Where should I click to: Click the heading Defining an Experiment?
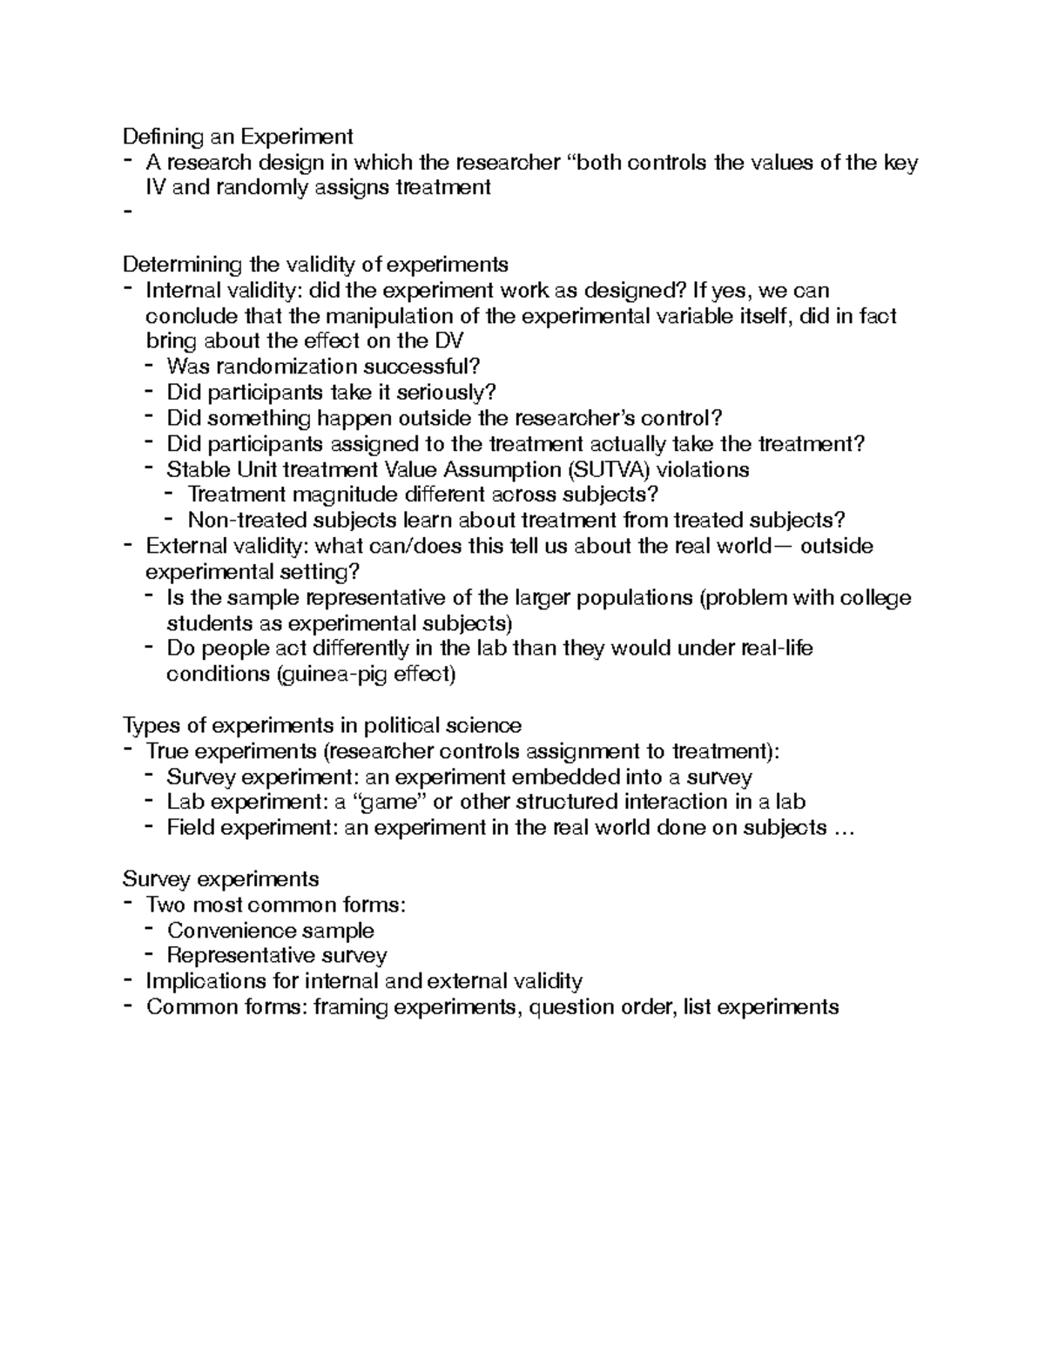coord(238,137)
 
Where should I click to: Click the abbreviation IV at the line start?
coord(156,187)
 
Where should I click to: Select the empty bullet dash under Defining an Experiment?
coord(128,212)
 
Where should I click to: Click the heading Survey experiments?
coord(221,879)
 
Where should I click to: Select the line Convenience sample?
coord(270,931)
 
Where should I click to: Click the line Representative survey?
coord(276,956)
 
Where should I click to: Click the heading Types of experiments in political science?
coord(322,725)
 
